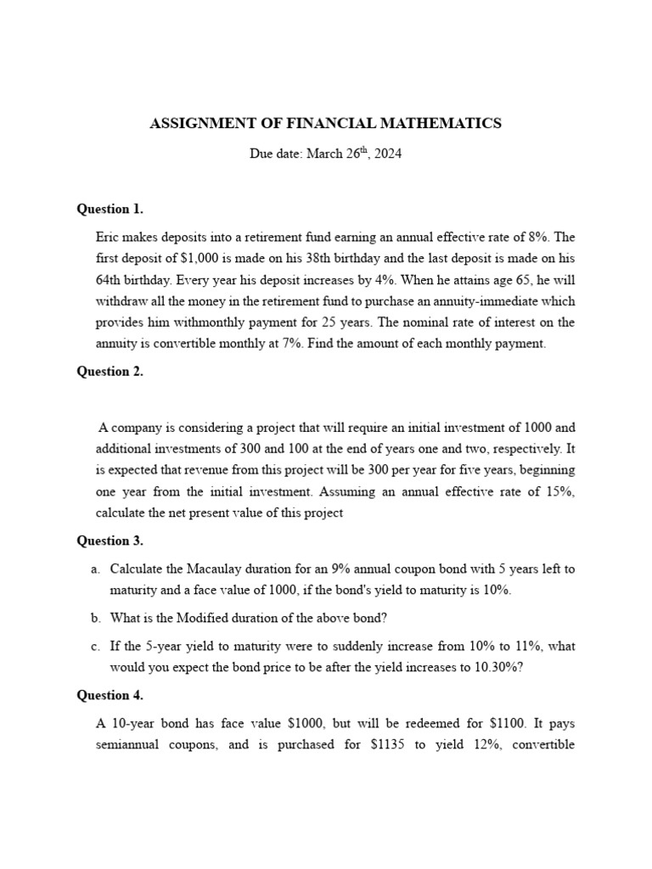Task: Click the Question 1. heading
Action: (110, 209)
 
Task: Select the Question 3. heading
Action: (110, 541)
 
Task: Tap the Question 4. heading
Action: (110, 695)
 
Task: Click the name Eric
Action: (110, 237)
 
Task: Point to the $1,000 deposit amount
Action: (196, 258)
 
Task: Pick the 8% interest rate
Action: (536, 237)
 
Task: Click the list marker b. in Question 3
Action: (95, 618)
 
